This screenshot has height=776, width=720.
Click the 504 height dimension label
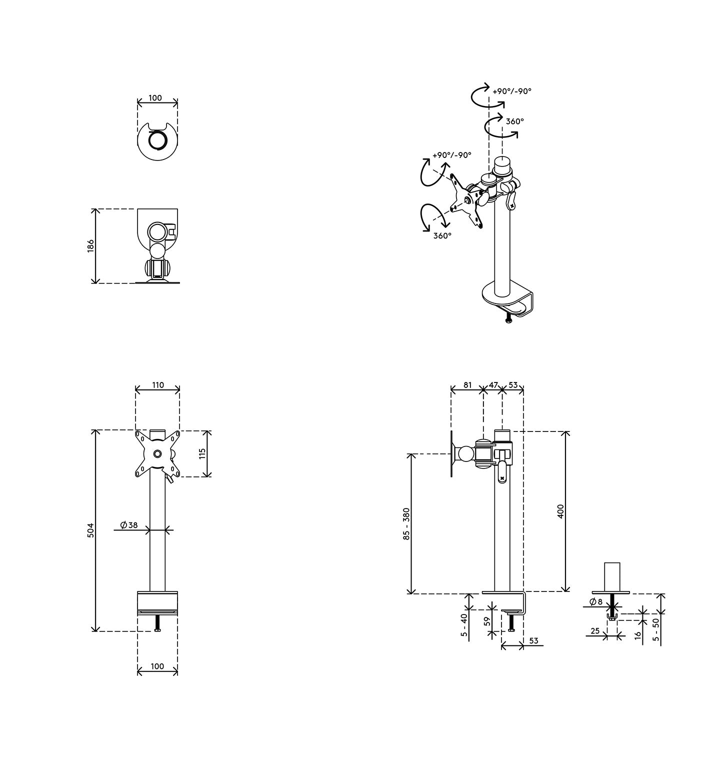click(x=90, y=530)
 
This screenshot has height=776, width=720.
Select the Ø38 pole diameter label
click(x=128, y=525)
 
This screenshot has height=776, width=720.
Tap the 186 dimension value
click(x=90, y=246)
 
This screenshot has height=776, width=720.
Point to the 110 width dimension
click(x=157, y=385)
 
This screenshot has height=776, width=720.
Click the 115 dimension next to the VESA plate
click(x=202, y=453)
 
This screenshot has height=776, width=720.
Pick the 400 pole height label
click(x=560, y=511)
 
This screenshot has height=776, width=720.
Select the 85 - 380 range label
click(x=406, y=524)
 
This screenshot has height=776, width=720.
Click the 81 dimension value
click(x=467, y=385)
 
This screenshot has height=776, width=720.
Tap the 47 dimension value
click(x=493, y=385)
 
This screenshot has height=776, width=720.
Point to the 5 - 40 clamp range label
click(x=464, y=626)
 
